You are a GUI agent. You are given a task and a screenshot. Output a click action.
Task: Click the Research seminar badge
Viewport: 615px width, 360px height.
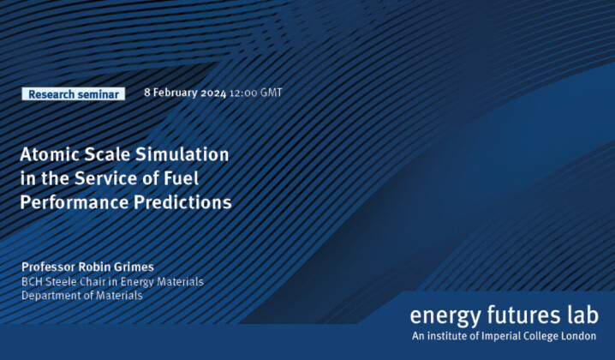coord(73,94)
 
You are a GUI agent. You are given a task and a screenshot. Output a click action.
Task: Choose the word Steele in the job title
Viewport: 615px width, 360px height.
coord(66,282)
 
